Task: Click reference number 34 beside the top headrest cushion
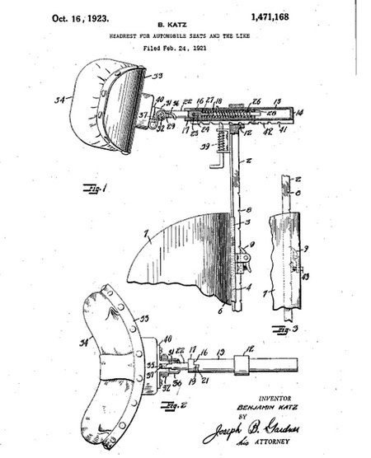click(59, 104)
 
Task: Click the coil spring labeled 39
click(221, 150)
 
